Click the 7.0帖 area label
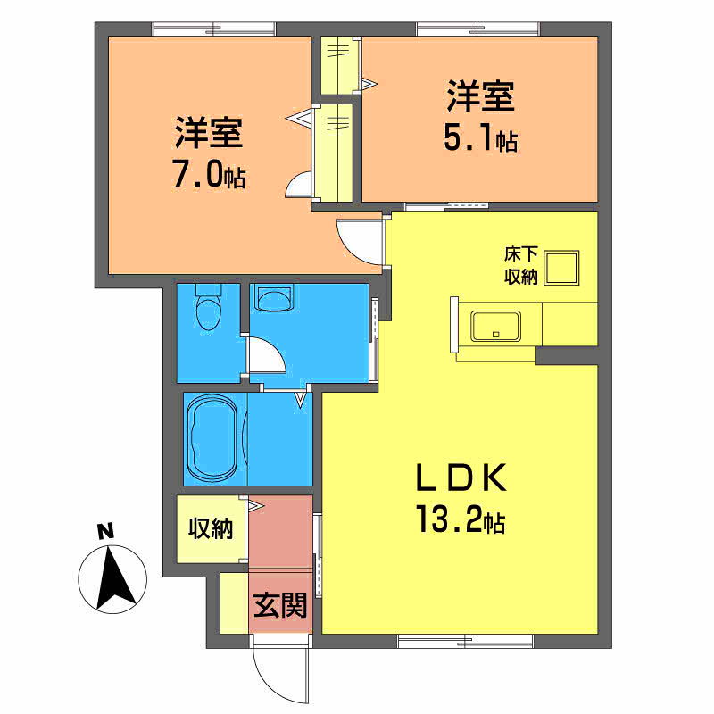[x=209, y=173]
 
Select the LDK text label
[x=461, y=477]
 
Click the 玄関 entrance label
[x=280, y=605]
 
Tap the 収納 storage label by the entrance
[x=211, y=528]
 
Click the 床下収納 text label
[x=521, y=265]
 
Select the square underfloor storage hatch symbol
[x=561, y=268]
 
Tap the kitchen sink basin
[x=496, y=326]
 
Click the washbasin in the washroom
[x=274, y=298]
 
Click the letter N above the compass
[x=105, y=532]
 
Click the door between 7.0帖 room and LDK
[x=360, y=241]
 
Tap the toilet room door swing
[x=267, y=355]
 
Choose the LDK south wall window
[x=465, y=641]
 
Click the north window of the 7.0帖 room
[x=213, y=29]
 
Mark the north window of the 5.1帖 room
[x=477, y=29]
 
